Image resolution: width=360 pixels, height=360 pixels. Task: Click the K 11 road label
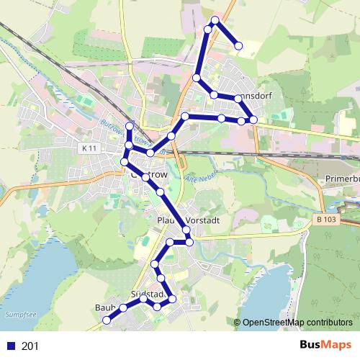89,147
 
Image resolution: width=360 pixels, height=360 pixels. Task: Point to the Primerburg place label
342,177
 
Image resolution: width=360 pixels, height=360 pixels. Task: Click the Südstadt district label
149,294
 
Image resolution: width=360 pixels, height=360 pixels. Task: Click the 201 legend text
30,346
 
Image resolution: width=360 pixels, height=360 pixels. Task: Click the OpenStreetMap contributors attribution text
297,323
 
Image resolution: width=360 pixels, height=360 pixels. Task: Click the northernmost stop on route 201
215,19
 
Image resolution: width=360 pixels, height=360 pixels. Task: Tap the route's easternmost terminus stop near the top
238,46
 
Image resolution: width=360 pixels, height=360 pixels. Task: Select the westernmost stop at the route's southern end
106,319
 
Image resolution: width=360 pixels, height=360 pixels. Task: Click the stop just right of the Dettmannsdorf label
253,119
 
